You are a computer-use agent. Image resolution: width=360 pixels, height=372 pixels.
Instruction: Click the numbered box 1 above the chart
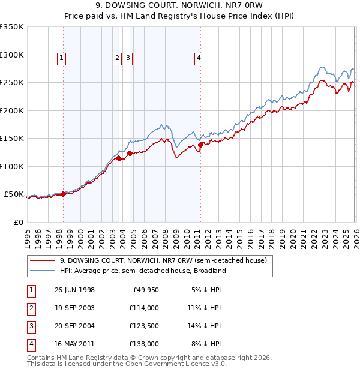pos(62,58)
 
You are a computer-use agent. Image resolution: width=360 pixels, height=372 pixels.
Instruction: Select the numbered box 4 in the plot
pos(199,58)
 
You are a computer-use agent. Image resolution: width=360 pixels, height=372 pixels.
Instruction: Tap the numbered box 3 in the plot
pos(128,58)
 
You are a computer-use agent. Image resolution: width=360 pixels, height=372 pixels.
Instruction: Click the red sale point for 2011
pos(200,145)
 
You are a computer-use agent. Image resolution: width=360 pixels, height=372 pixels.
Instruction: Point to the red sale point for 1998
pos(64,194)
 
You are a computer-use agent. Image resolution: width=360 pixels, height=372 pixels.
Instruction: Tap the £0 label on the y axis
pos(18,222)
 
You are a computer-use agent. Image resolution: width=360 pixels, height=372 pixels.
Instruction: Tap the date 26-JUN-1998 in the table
pos(74,290)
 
